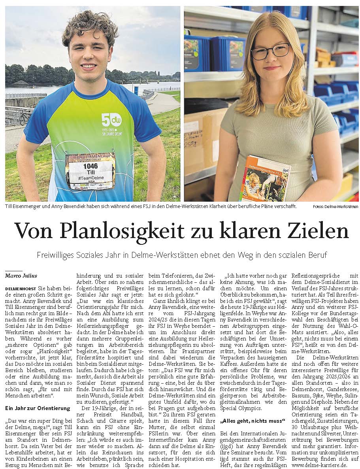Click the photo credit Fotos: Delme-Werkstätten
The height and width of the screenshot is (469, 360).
[335, 207]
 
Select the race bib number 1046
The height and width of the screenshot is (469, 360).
[90, 166]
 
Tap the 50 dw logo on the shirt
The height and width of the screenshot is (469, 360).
[111, 119]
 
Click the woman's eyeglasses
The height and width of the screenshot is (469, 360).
[270, 52]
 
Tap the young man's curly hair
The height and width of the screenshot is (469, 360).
[90, 23]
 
